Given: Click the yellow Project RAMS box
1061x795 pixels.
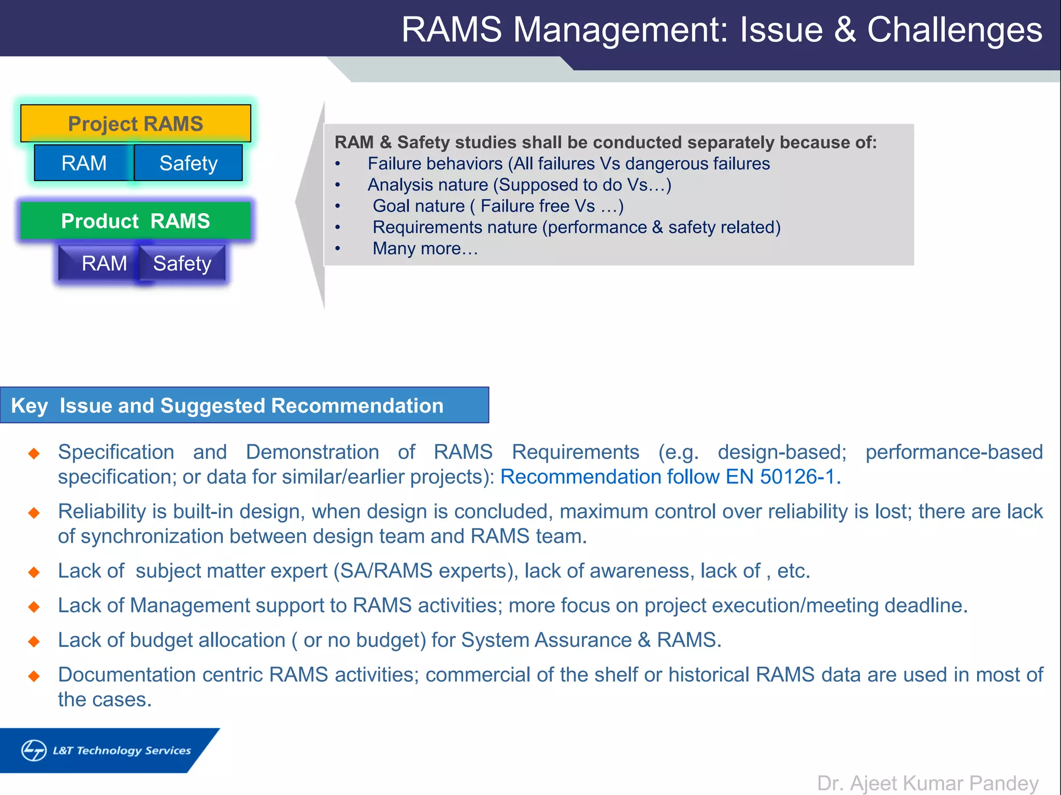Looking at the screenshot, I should (135, 124).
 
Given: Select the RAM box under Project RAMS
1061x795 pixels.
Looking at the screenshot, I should (83, 163).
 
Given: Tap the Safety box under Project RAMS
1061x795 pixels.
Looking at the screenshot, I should (188, 163).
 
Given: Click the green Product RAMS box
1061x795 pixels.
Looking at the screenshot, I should (135, 221).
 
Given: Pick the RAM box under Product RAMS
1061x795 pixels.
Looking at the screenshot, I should (104, 263).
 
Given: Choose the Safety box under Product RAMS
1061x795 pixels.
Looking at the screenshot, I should (182, 263).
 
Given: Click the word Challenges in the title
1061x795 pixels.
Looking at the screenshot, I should (954, 30).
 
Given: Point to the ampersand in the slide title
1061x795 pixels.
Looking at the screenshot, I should (844, 30).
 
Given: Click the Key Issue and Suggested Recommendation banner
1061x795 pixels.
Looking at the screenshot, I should (243, 405).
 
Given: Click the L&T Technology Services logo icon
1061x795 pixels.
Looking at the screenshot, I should (34, 750).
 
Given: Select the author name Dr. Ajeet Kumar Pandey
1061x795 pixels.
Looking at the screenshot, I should (927, 783).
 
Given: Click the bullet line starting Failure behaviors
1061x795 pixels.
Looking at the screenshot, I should (568, 164).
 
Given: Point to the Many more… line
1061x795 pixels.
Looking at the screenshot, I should (425, 248).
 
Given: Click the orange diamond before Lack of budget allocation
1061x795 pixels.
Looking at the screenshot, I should (34, 641).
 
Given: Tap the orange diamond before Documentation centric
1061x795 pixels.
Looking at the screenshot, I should (34, 676).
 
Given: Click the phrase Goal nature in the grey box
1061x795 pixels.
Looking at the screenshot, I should (419, 206).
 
